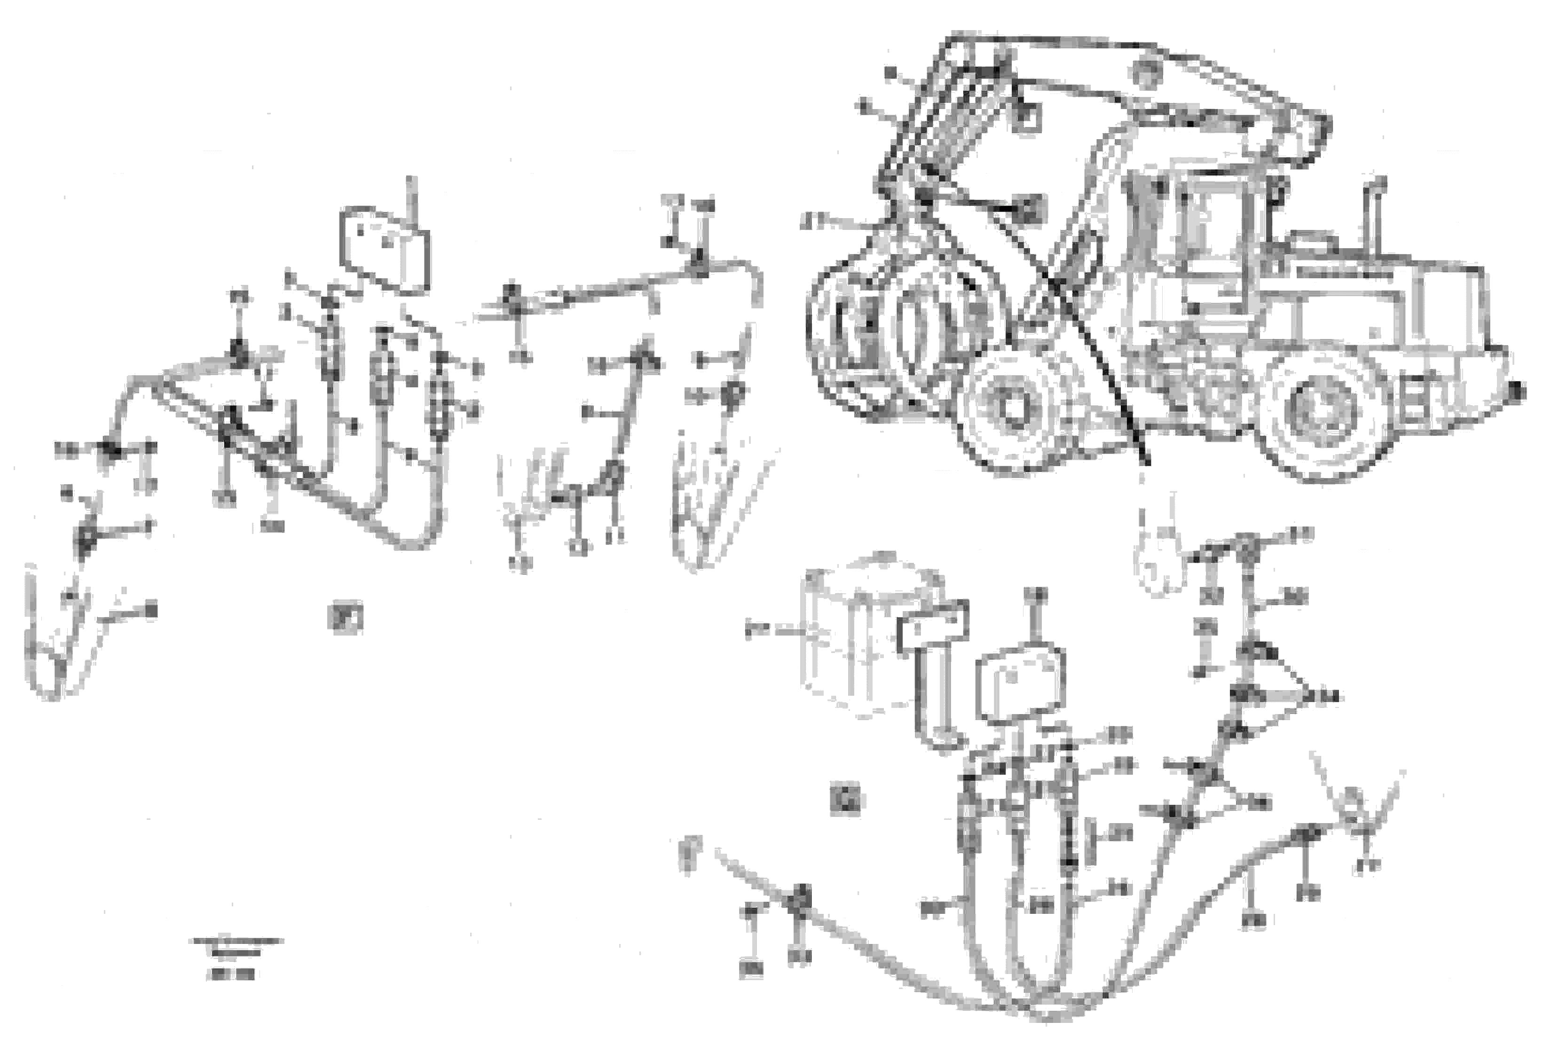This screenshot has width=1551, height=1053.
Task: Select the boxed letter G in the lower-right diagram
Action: [x=846, y=800]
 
